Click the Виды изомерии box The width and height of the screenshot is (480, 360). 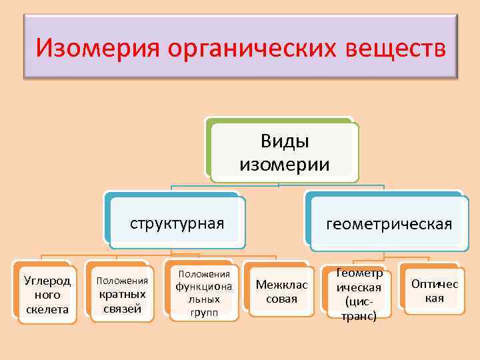tap(284, 152)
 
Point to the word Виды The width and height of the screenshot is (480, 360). tap(285, 141)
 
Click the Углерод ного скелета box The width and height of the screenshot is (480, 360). tap(46, 294)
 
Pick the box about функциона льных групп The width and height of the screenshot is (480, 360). tap(203, 294)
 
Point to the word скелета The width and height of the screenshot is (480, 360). tap(46, 309)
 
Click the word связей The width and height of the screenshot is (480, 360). tap(122, 308)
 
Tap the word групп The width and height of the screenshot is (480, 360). tap(203, 313)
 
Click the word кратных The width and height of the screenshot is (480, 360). tap(122, 295)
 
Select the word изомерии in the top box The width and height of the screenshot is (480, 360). tap(285, 164)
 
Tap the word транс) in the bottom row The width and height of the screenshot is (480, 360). tap(359, 315)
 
